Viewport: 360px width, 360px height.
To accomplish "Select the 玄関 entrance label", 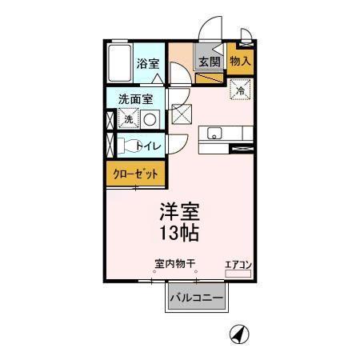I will (209, 61).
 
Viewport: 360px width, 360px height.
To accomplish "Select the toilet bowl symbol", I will (128, 146).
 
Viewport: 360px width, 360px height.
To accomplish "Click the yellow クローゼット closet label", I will (136, 174).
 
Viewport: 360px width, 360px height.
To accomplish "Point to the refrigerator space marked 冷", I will (240, 90).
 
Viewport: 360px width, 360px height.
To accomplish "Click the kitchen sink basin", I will (214, 133).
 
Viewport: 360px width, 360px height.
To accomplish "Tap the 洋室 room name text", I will (179, 212).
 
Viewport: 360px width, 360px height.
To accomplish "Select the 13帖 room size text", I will (179, 234).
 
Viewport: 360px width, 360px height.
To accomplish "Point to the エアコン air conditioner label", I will (238, 263).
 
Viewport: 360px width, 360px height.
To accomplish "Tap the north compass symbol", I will (238, 333).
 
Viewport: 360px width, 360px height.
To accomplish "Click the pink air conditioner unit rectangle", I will (238, 274).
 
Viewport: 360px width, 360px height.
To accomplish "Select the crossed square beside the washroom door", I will (182, 115).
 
